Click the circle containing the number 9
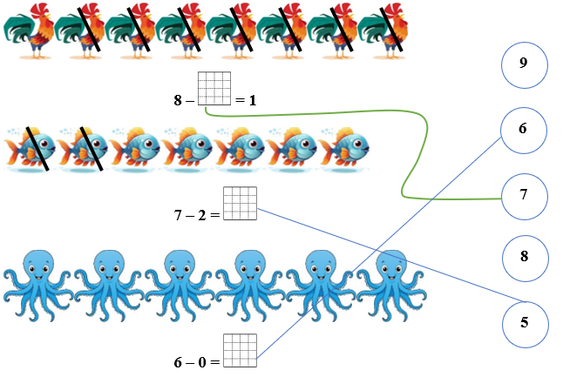click(x=524, y=64)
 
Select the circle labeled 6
click(x=524, y=130)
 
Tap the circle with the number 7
click(x=524, y=194)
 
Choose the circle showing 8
click(x=524, y=258)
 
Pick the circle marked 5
click(x=524, y=322)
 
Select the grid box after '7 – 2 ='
click(x=240, y=203)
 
